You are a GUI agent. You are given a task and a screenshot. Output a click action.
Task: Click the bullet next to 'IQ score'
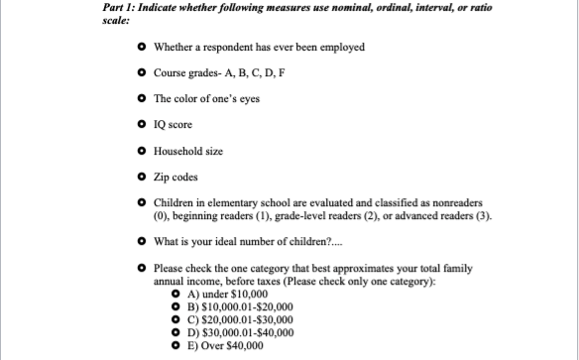[145, 125]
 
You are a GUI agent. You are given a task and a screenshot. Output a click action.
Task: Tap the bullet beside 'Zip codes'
[145, 177]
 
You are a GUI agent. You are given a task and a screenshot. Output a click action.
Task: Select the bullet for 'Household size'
[145, 151]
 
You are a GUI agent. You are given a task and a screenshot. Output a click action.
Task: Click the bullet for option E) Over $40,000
[174, 347]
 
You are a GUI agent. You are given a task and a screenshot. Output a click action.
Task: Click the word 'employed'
[342, 48]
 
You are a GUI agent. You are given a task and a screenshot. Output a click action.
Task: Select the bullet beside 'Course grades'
[145, 73]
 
